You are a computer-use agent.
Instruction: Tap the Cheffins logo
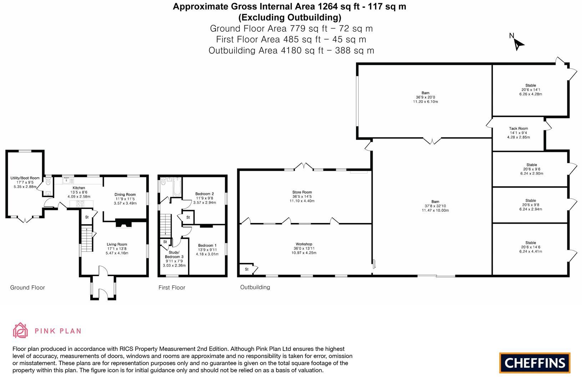click(535, 363)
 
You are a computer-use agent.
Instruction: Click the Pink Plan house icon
click(20, 331)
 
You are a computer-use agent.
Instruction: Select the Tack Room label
click(518, 129)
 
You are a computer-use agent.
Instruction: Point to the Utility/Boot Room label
click(25, 178)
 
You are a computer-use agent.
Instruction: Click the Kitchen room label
click(79, 188)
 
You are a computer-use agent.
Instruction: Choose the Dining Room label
click(125, 195)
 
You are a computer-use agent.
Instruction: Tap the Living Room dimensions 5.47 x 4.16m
click(117, 253)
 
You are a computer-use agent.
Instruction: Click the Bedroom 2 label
click(204, 194)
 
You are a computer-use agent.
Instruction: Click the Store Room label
click(302, 192)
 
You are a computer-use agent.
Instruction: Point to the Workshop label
click(304, 244)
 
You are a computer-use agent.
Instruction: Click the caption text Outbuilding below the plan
click(255, 287)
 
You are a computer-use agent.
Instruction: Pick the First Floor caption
click(172, 287)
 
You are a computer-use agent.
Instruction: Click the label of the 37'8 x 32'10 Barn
click(435, 202)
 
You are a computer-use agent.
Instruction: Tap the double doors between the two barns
click(432, 141)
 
